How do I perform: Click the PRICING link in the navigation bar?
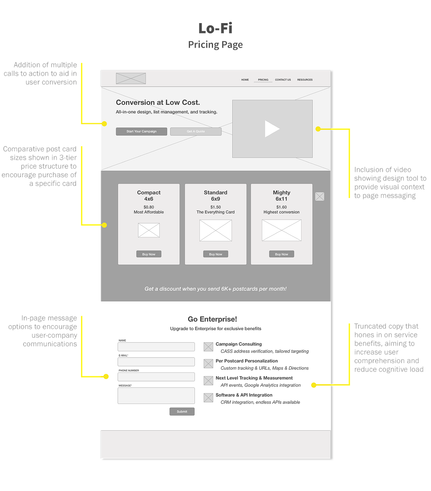pyautogui.click(x=263, y=80)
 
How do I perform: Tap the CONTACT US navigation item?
pyautogui.click(x=283, y=80)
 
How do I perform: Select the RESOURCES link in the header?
pyautogui.click(x=305, y=80)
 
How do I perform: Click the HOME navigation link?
pyautogui.click(x=245, y=80)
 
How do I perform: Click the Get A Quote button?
pyautogui.click(x=196, y=131)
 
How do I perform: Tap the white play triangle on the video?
pyautogui.click(x=272, y=129)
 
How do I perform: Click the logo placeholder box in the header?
pyautogui.click(x=131, y=78)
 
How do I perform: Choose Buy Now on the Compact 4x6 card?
pyautogui.click(x=148, y=254)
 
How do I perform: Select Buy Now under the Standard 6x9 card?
pyautogui.click(x=215, y=254)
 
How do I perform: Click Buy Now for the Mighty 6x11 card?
pyautogui.click(x=281, y=254)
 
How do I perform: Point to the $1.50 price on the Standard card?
pyautogui.click(x=215, y=207)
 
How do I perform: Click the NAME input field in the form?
pyautogui.click(x=156, y=346)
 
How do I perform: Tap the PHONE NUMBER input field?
pyautogui.click(x=156, y=377)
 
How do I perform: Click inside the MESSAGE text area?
pyautogui.click(x=156, y=396)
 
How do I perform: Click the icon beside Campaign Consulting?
pyautogui.click(x=208, y=346)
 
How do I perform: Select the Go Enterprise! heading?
pyautogui.click(x=212, y=319)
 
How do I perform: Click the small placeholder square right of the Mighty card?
pyautogui.click(x=319, y=196)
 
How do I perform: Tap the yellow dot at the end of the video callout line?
pyautogui.click(x=318, y=129)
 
